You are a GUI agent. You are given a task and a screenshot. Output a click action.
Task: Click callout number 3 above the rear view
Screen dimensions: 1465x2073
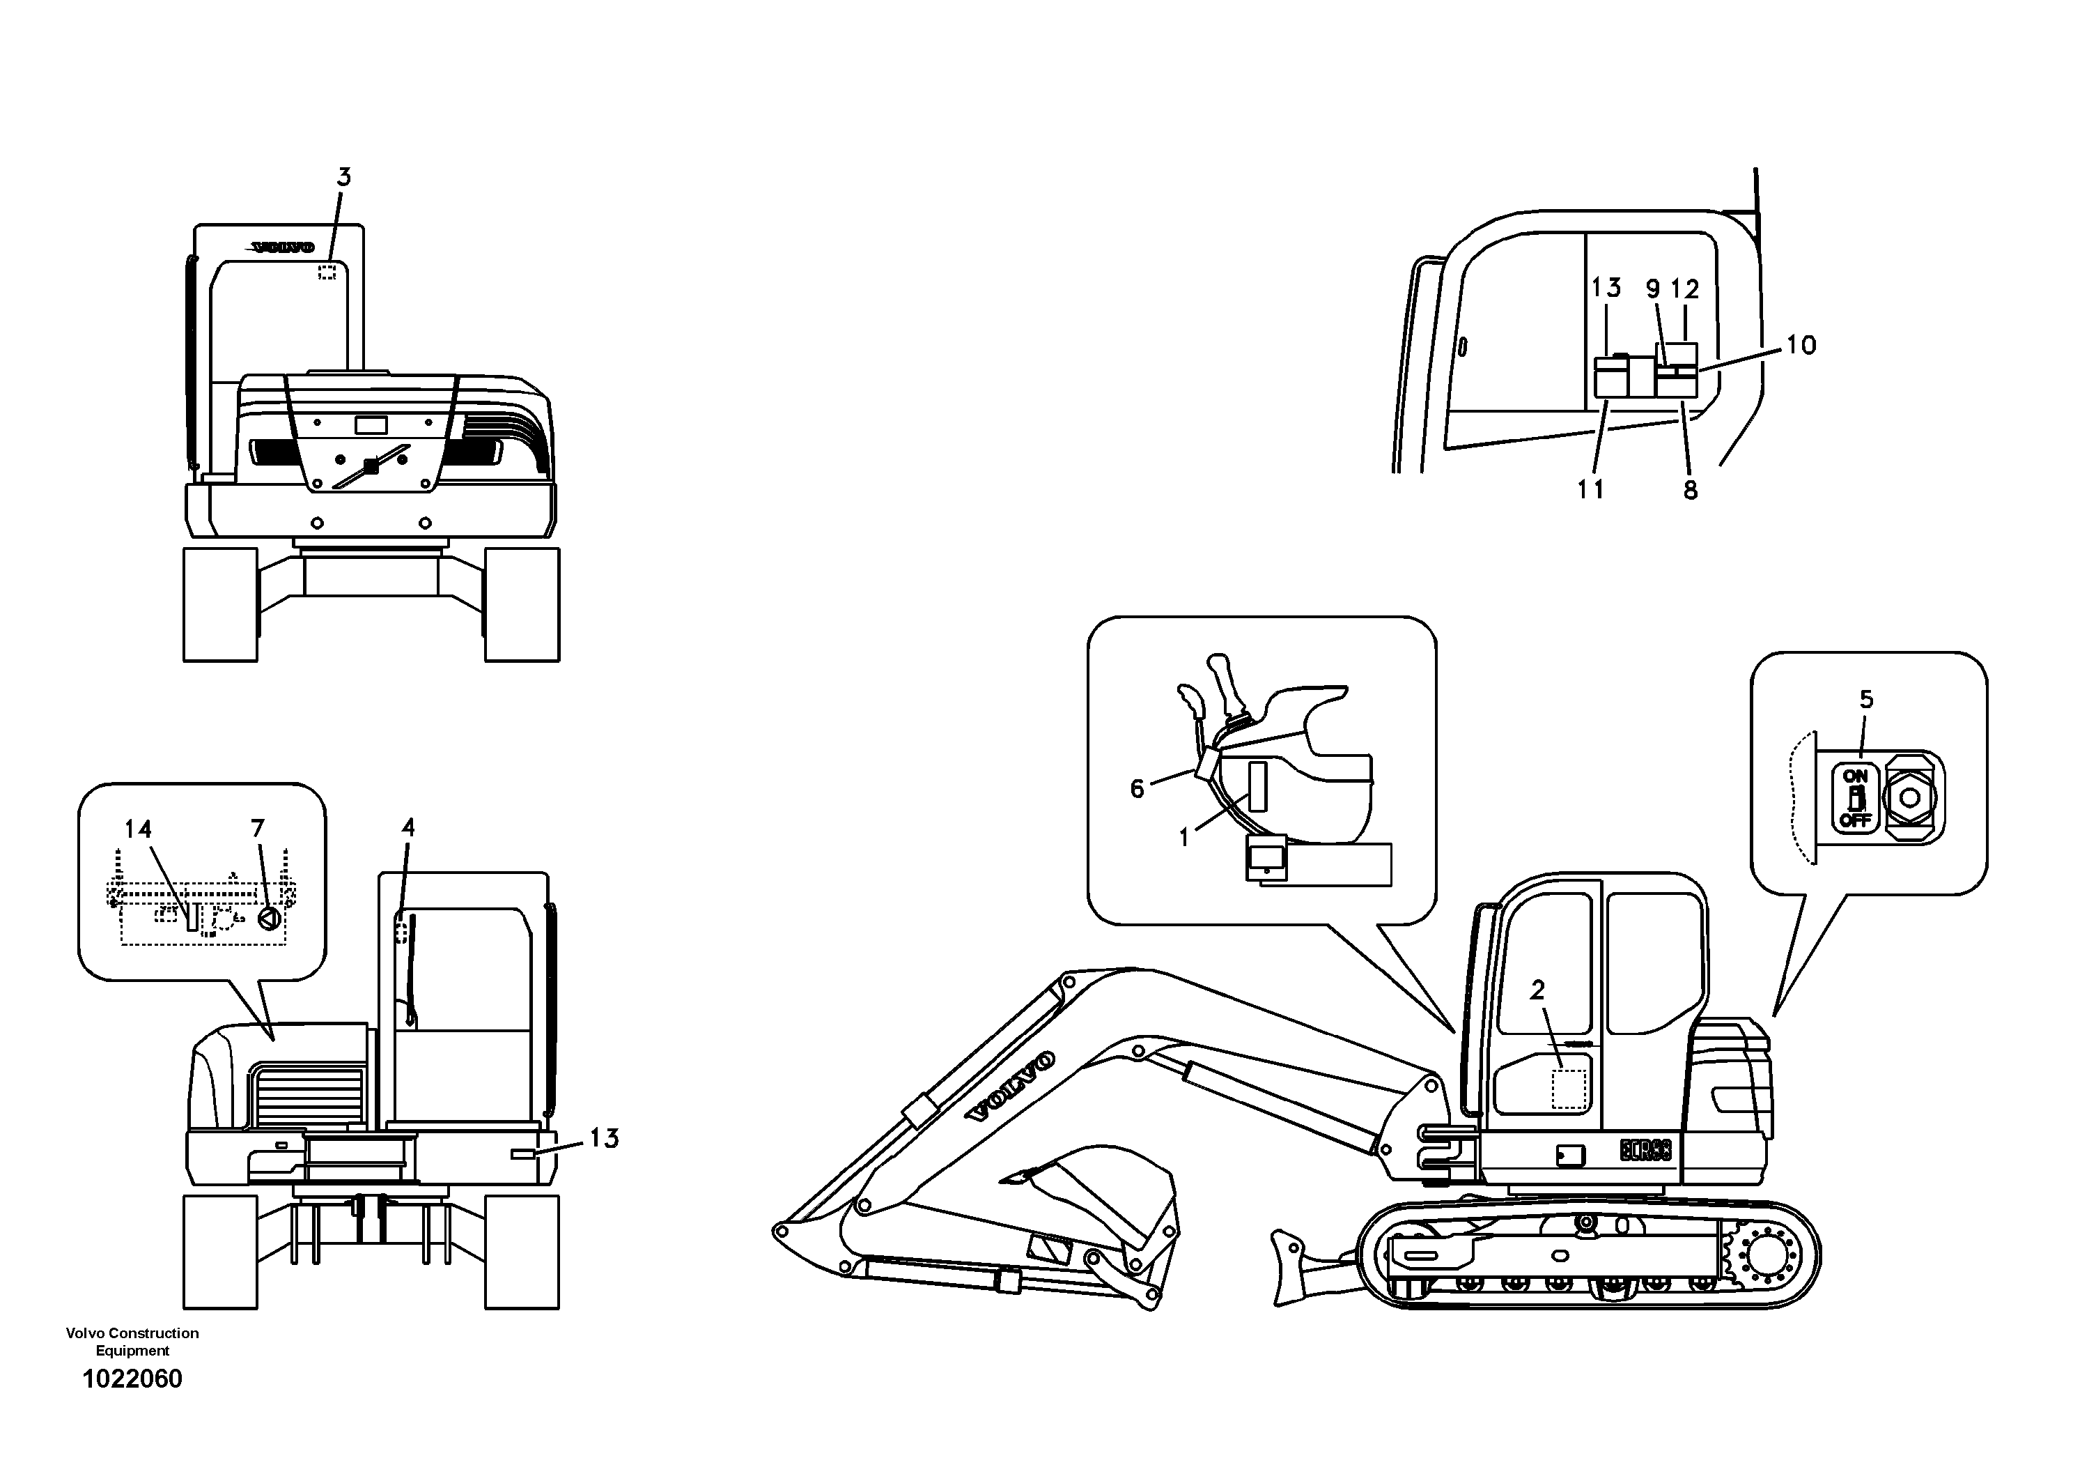click(343, 177)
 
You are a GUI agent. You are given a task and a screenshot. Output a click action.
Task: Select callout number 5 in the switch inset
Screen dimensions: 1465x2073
click(1866, 699)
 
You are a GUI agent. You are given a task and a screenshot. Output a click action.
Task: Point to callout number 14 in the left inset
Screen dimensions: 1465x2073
click(138, 829)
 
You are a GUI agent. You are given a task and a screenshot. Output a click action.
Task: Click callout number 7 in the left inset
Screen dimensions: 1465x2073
click(257, 828)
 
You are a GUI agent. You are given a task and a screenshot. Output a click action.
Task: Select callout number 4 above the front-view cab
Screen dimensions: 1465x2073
click(408, 827)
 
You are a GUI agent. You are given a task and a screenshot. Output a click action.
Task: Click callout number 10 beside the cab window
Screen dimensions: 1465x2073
click(1801, 345)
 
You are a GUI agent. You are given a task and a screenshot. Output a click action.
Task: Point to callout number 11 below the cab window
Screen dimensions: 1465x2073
click(1591, 489)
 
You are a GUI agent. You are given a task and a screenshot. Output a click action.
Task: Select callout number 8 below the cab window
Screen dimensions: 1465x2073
click(1690, 491)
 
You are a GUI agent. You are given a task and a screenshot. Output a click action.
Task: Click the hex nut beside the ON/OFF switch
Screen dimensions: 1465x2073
click(1908, 797)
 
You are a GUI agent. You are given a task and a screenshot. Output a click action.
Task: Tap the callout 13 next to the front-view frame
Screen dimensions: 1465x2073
click(604, 1138)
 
